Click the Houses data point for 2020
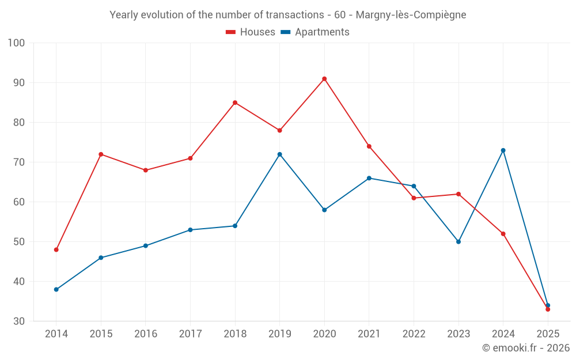pyautogui.click(x=324, y=79)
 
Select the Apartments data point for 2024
pyautogui.click(x=503, y=150)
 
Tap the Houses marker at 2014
pyautogui.click(x=56, y=249)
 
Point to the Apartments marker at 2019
pyautogui.click(x=280, y=154)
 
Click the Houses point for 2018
pyautogui.click(x=235, y=103)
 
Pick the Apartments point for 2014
pyautogui.click(x=56, y=289)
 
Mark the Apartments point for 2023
pyautogui.click(x=458, y=241)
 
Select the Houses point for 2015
pyautogui.click(x=101, y=154)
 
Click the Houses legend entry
pyautogui.click(x=251, y=32)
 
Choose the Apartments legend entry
pyautogui.click(x=315, y=32)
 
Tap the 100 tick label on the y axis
pyautogui.click(x=17, y=43)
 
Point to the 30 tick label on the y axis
pyautogui.click(x=19, y=321)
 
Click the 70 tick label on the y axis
pyautogui.click(x=19, y=162)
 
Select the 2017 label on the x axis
pyautogui.click(x=190, y=334)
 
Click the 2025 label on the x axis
pyautogui.click(x=548, y=334)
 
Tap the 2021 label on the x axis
pyautogui.click(x=369, y=334)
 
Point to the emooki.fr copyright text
pyautogui.click(x=526, y=348)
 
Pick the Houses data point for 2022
pyautogui.click(x=414, y=198)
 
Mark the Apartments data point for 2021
pyautogui.click(x=369, y=178)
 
